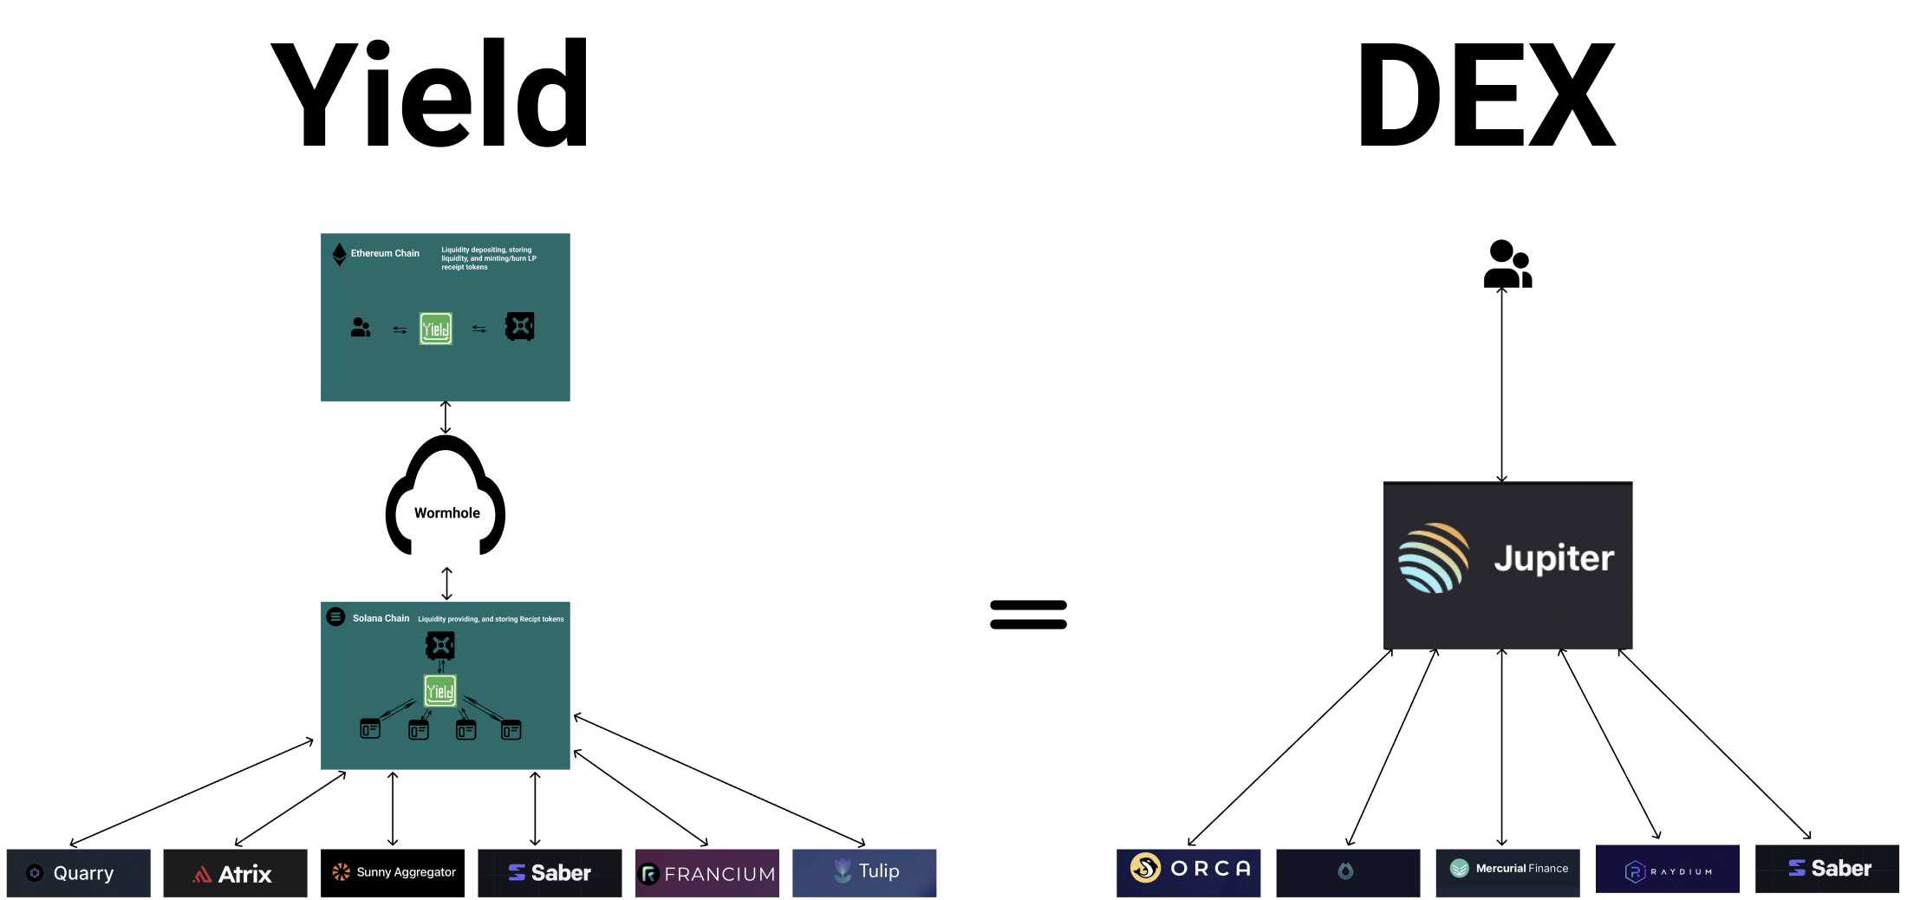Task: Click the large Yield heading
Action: coord(430,94)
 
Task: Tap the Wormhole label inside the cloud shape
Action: coord(446,512)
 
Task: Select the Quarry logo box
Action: coord(79,872)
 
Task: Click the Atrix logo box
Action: coord(235,873)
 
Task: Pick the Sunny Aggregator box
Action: coord(393,872)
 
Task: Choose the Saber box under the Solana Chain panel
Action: coord(550,872)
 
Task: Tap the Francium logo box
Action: coord(707,873)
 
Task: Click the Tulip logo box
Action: coord(864,871)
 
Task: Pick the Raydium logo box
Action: coord(1667,870)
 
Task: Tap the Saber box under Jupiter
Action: coord(1827,868)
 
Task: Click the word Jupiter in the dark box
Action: coord(1553,558)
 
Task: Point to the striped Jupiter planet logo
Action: coord(1434,558)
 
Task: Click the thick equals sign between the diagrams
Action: coord(1028,614)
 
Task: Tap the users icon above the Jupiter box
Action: coord(1507,264)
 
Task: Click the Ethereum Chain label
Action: coord(385,253)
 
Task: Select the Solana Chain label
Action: coord(381,618)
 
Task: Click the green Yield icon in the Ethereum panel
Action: coord(436,329)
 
